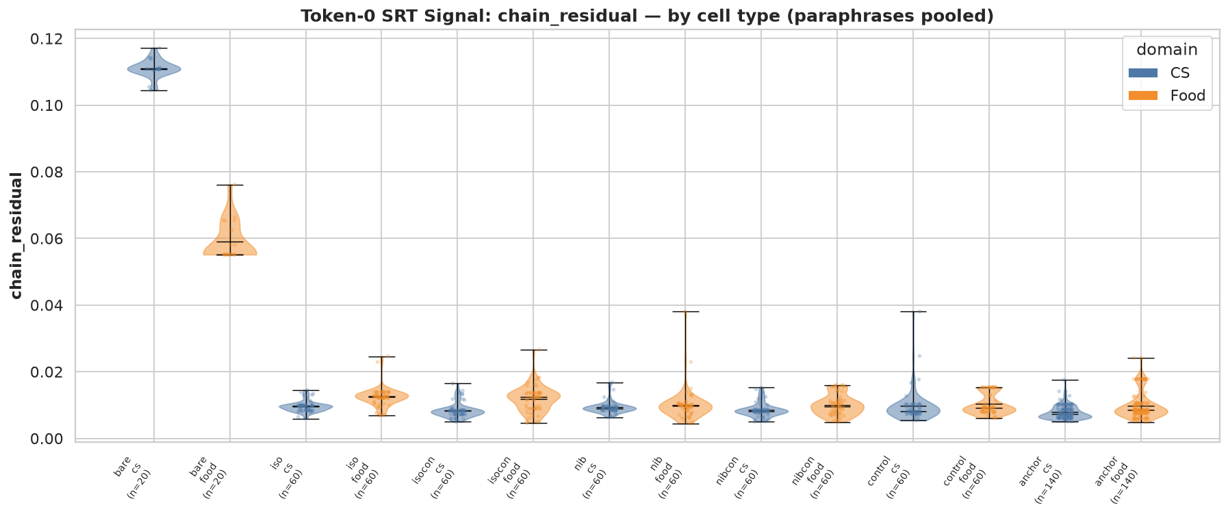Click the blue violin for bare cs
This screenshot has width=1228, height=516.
click(x=154, y=69)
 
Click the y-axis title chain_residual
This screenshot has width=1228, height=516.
click(x=16, y=235)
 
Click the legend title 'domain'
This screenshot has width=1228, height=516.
click(x=1167, y=49)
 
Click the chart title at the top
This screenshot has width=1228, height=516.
click(x=648, y=16)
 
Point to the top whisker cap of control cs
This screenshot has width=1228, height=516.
click(x=912, y=311)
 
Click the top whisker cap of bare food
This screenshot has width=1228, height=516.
click(x=230, y=185)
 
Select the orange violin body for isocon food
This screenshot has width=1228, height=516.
click(x=533, y=397)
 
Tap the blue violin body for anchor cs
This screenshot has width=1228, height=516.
click(x=1064, y=415)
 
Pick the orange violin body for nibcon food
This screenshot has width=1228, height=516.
click(x=836, y=408)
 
